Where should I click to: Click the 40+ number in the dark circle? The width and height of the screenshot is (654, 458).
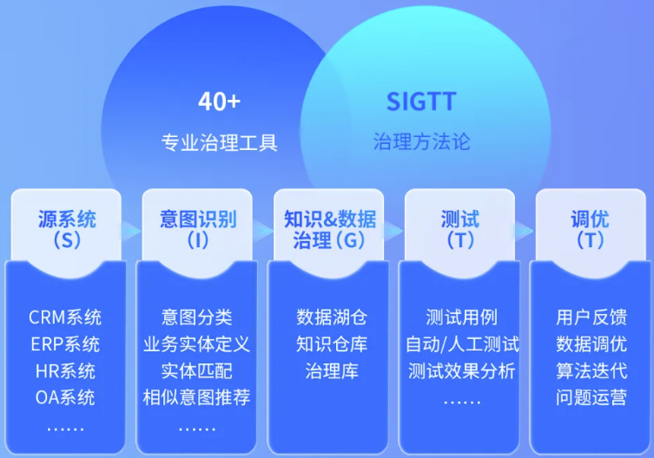pos(219,102)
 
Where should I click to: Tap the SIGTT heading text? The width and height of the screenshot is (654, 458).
pos(421,102)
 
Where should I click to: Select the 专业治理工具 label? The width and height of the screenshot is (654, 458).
pos(220,142)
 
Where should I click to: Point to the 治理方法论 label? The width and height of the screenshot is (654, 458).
pos(421,141)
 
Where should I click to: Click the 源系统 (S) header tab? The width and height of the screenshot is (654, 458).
pos(66,228)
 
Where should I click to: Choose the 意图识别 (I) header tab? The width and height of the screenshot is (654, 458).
pos(197,228)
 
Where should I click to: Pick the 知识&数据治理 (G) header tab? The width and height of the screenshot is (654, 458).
pos(329,228)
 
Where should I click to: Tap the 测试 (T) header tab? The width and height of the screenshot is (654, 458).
pos(460,228)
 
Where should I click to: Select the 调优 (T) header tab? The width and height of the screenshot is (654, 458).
pos(591,228)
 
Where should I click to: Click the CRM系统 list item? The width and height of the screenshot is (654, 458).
pos(65,317)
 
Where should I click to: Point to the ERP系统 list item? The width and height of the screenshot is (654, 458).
pos(65,344)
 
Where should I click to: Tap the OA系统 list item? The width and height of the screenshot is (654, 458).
pos(65,398)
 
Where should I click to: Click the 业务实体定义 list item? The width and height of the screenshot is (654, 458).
pos(197,344)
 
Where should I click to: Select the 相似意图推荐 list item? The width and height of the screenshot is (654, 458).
pos(197,398)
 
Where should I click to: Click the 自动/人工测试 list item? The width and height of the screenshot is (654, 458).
pos(461,344)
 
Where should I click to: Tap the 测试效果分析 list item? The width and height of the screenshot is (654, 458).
pos(461,371)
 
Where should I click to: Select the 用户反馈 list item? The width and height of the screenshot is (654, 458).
pos(591,317)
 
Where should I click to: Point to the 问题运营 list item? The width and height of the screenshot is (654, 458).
pos(591,398)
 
